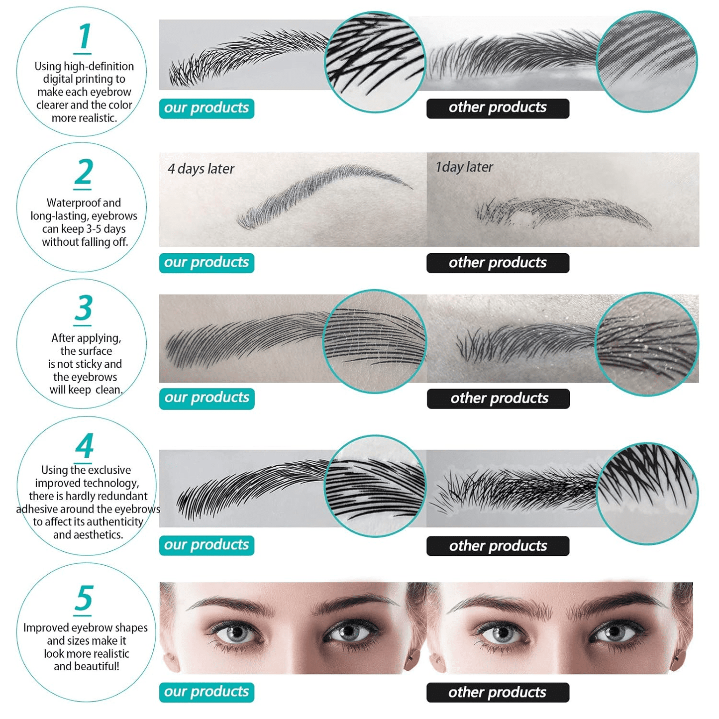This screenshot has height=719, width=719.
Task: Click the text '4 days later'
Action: click(x=201, y=169)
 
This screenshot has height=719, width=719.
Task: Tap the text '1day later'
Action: click(x=464, y=167)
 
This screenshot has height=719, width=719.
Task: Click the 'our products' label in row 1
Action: click(x=206, y=108)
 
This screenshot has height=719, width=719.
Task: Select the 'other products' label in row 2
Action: click(x=498, y=263)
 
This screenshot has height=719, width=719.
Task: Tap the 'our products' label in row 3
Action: click(x=206, y=398)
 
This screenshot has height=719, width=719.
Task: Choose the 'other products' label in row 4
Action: click(x=498, y=546)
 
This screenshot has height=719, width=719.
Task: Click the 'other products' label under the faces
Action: click(x=498, y=693)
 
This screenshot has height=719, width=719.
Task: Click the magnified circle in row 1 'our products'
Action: click(x=375, y=62)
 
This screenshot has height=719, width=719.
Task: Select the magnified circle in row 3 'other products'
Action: click(x=647, y=344)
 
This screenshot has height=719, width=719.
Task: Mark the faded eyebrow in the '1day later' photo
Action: click(x=563, y=213)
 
